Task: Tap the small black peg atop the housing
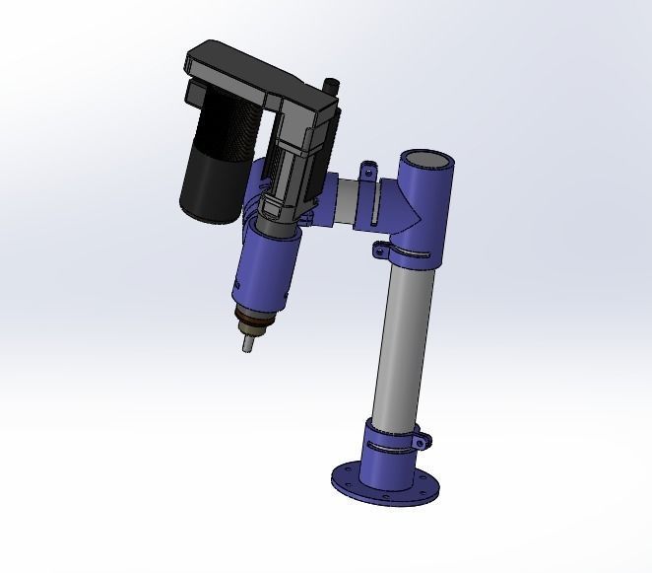click(x=331, y=88)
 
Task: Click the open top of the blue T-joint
click(x=425, y=160)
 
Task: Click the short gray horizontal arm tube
click(x=346, y=203)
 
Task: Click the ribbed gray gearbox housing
click(x=295, y=173)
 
